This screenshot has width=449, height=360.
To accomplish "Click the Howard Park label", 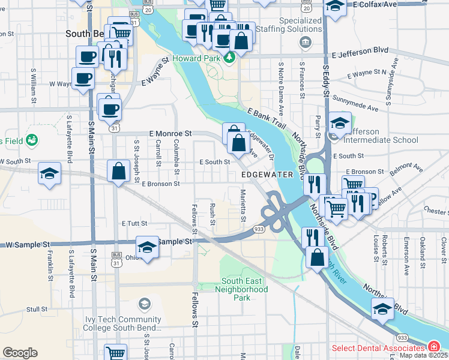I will [197, 59].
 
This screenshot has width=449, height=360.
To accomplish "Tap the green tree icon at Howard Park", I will [229, 59].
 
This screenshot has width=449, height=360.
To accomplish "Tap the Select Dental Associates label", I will [379, 348].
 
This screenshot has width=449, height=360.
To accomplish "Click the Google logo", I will [20, 352].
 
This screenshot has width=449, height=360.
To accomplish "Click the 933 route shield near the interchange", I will [259, 229].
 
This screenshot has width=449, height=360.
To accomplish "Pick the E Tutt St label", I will [134, 223].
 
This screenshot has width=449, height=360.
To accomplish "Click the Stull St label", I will [37, 310].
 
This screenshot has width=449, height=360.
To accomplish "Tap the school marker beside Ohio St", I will [146, 248].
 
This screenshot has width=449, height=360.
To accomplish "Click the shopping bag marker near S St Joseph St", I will [119, 171].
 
